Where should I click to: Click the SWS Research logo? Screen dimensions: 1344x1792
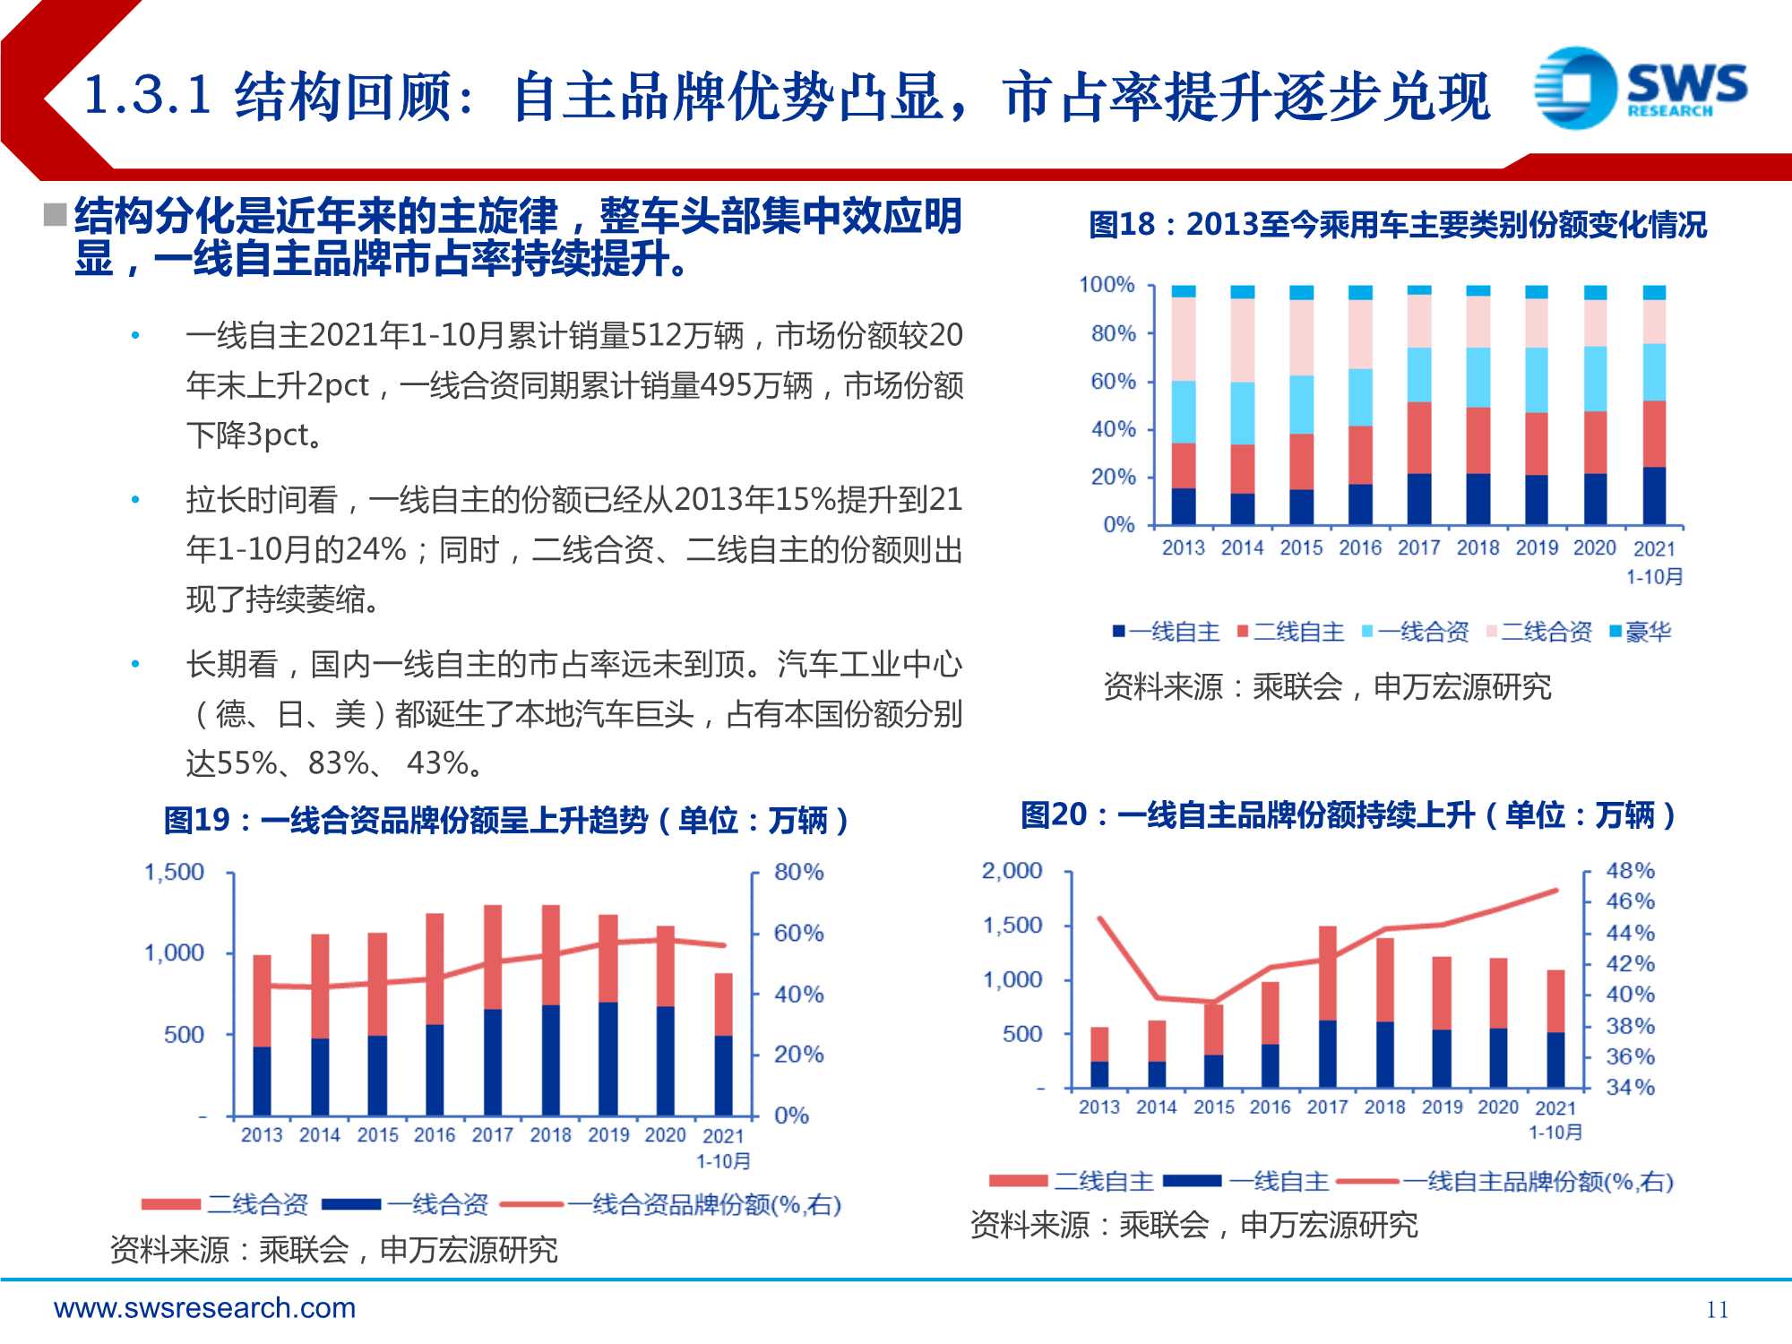click(x=1640, y=88)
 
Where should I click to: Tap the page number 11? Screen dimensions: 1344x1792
click(x=1717, y=1309)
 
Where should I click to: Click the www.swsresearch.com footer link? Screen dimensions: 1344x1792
click(x=204, y=1308)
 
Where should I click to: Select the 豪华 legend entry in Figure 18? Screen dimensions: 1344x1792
click(x=1640, y=632)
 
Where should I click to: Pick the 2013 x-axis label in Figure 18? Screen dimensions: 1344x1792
click(x=1183, y=547)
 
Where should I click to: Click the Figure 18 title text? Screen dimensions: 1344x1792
click(x=1397, y=224)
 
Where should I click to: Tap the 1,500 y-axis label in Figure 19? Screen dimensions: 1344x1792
click(x=174, y=872)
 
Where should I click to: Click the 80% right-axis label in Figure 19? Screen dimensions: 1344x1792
click(x=798, y=872)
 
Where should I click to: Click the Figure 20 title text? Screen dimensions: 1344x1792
click(x=1348, y=814)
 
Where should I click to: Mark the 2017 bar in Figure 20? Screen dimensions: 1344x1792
click(x=1327, y=1008)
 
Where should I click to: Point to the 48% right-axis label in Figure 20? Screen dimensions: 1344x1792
click(x=1630, y=870)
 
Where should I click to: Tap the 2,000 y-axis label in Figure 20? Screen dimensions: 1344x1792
click(x=1012, y=870)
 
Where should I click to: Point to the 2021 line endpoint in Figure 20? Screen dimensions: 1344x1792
click(x=1556, y=891)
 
